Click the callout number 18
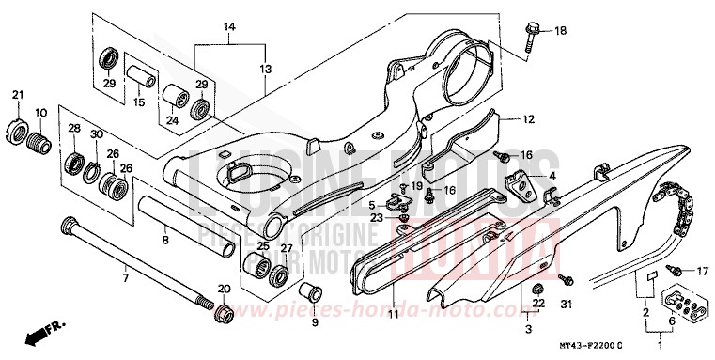(x=560, y=31)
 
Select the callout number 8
(x=164, y=240)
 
